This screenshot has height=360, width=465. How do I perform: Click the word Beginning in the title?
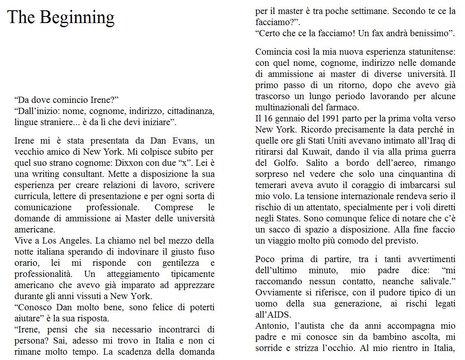click(77, 18)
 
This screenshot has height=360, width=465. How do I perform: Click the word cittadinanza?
click(191, 111)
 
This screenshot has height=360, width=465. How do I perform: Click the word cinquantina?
click(419, 174)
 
